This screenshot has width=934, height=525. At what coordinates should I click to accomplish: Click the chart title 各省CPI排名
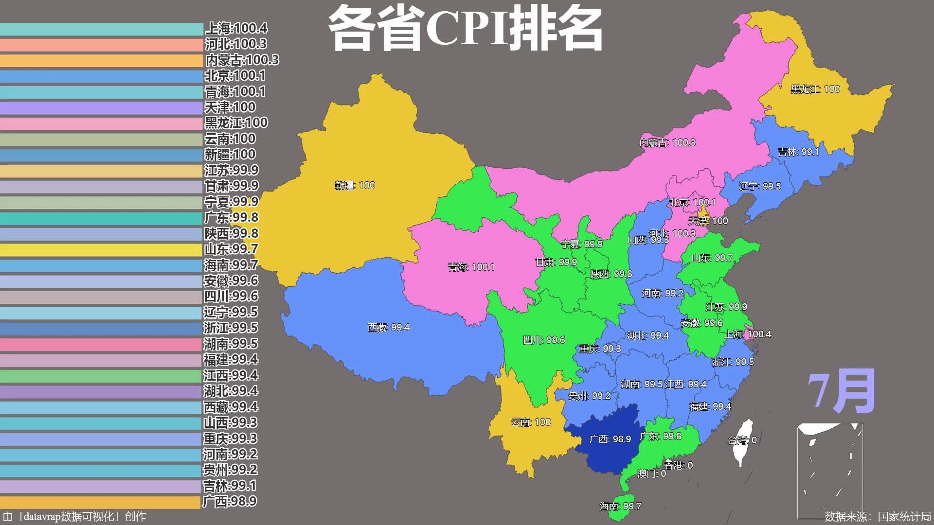(x=466, y=28)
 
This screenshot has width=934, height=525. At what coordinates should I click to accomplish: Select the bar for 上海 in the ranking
(x=101, y=29)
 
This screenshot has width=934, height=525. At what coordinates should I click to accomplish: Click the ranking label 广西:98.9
(x=229, y=501)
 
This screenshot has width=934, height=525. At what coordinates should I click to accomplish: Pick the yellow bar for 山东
(x=101, y=250)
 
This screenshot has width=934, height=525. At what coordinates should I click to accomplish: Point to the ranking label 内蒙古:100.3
(x=242, y=60)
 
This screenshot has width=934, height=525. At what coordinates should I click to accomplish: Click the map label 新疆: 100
(x=355, y=185)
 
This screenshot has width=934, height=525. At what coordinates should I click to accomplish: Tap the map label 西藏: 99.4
(x=388, y=328)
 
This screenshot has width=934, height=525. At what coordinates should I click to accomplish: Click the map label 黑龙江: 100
(x=815, y=89)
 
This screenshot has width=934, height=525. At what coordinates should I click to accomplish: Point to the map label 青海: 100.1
(x=471, y=267)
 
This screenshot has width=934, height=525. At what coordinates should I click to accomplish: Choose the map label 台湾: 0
(x=742, y=440)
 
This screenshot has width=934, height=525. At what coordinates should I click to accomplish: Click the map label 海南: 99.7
(x=620, y=506)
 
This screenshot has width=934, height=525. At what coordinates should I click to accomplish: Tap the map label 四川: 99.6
(x=544, y=340)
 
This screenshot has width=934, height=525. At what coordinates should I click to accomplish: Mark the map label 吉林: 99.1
(x=798, y=152)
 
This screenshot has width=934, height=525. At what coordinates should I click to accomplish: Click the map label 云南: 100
(x=531, y=422)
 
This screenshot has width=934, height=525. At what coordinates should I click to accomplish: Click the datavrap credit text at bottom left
(x=74, y=516)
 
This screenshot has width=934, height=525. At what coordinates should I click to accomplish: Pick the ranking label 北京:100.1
(x=235, y=75)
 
